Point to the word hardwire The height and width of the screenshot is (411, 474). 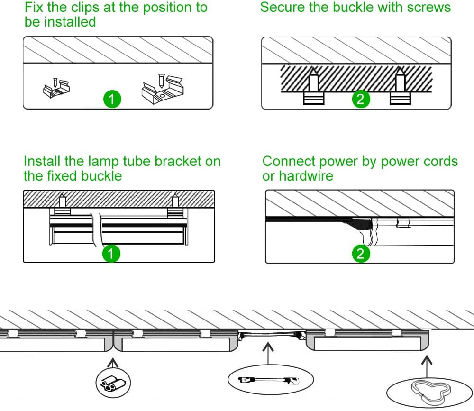pyautogui.click(x=306, y=176)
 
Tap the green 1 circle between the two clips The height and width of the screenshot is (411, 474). pyautogui.click(x=111, y=99)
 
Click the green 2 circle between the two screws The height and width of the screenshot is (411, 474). pyautogui.click(x=361, y=99)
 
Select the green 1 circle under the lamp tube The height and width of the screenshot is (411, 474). pyautogui.click(x=111, y=254)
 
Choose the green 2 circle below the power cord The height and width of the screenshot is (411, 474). pyautogui.click(x=361, y=254)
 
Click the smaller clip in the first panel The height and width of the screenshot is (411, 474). pyautogui.click(x=56, y=88)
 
